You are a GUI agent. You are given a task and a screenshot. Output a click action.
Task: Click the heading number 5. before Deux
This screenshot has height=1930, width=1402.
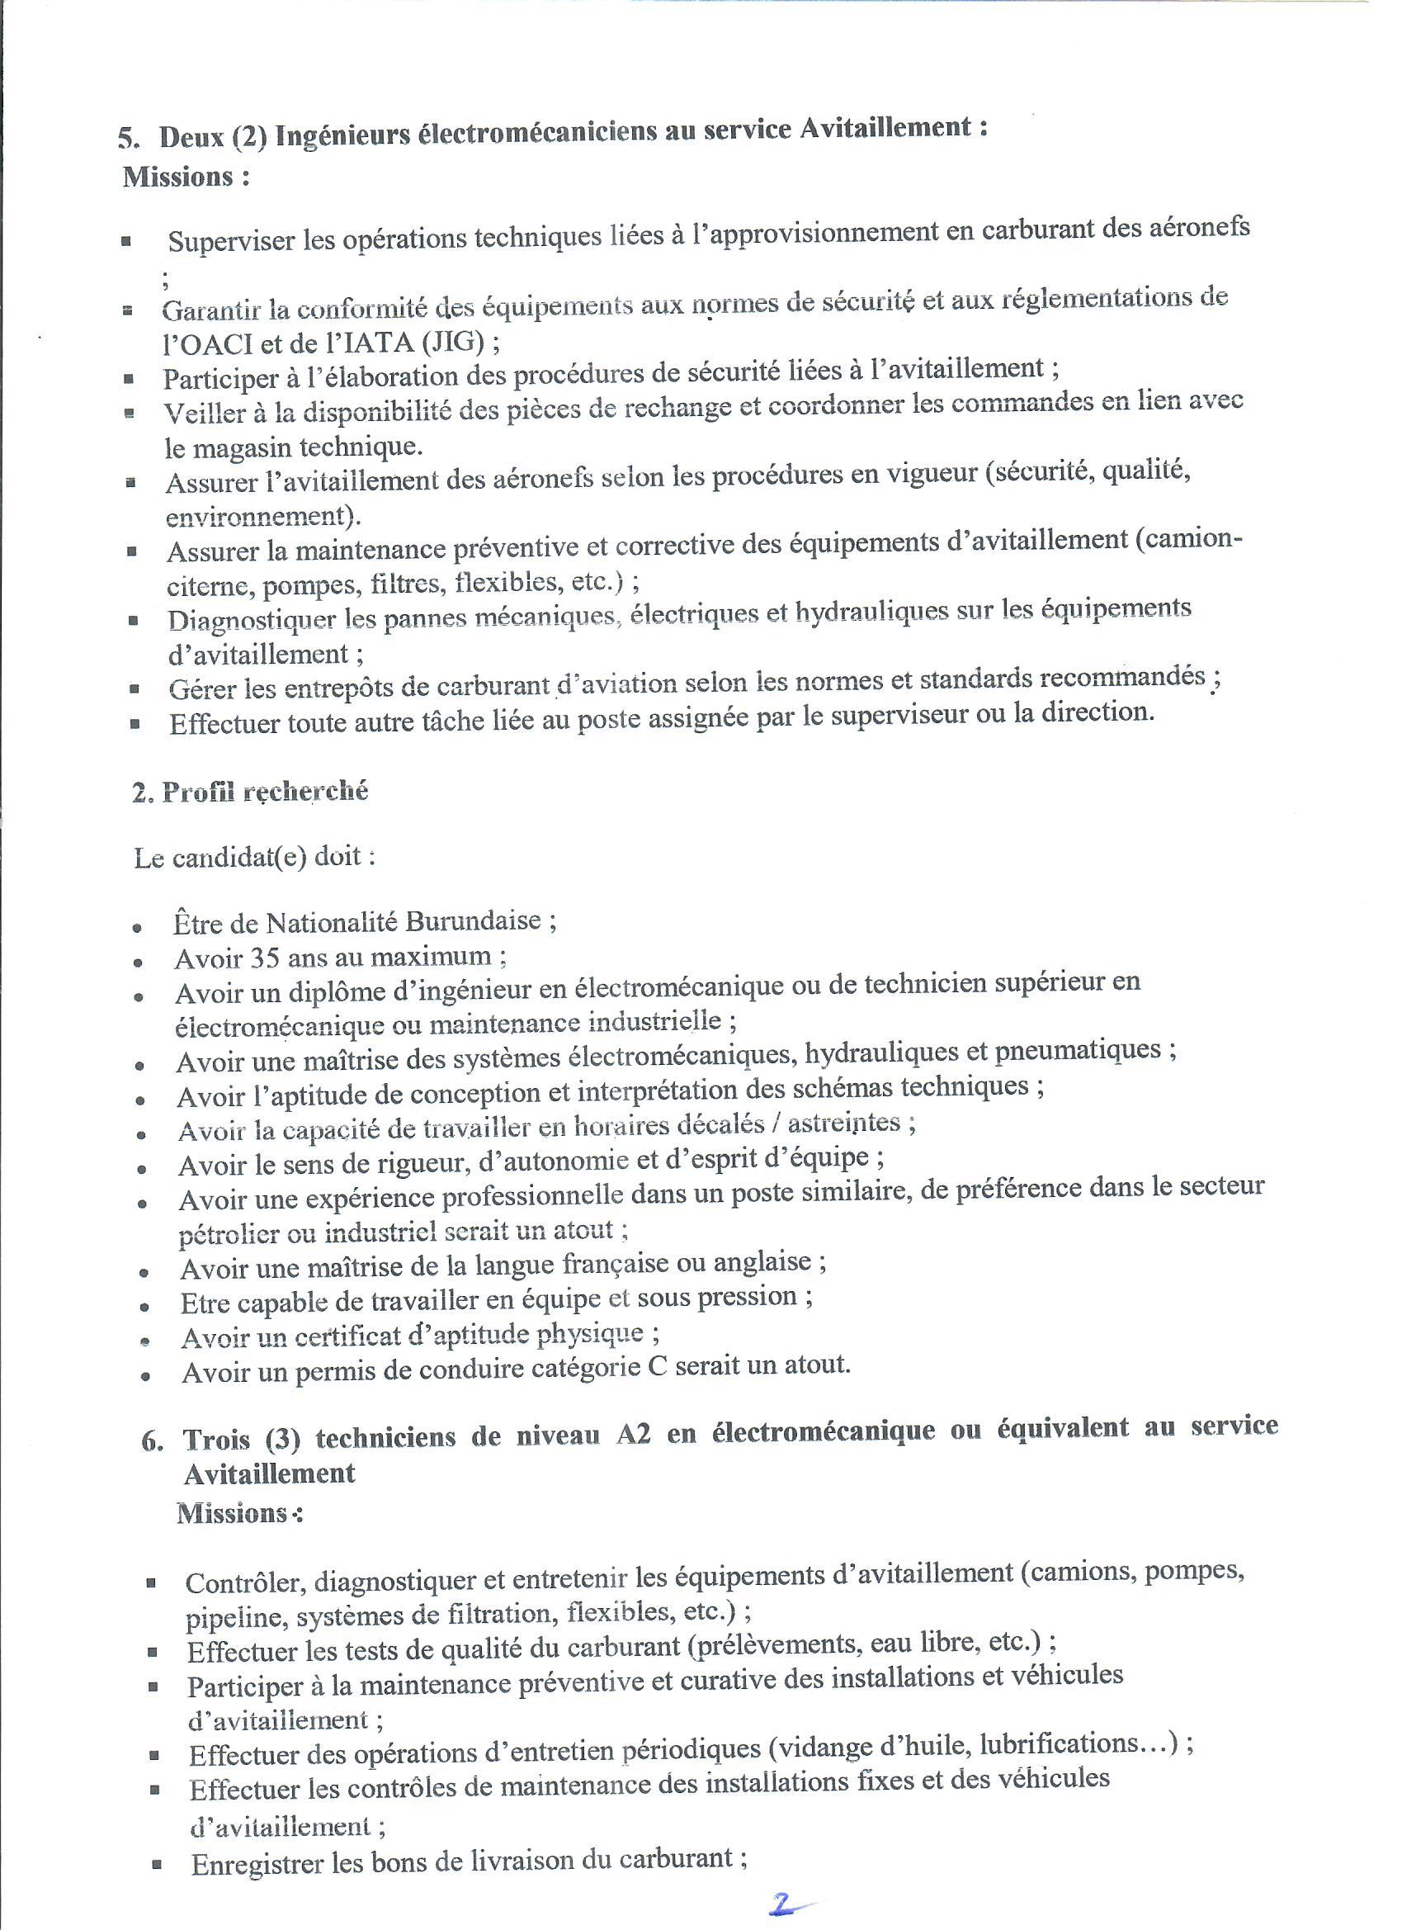click(x=130, y=139)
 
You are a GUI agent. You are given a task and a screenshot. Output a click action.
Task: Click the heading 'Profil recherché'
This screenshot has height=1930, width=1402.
click(x=265, y=792)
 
